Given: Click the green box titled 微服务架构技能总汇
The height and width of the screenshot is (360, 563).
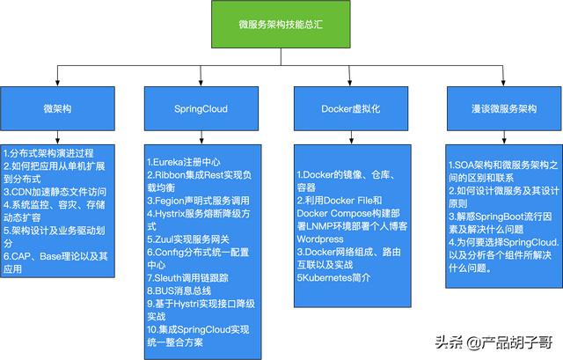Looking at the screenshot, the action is tap(281, 24).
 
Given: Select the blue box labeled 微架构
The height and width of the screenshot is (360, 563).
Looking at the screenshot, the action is tap(57, 108).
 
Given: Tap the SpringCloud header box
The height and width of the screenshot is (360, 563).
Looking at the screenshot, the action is tap(201, 108).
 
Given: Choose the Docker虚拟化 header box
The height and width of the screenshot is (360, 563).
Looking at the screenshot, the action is tap(351, 108).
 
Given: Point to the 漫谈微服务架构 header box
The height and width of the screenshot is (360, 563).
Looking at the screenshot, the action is tap(504, 108).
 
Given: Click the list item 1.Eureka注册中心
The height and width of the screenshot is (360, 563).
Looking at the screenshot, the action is tap(184, 162).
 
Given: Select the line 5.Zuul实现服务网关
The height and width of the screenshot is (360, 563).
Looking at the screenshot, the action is tap(188, 239).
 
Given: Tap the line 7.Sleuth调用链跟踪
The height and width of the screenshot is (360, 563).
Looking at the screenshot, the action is tap(187, 278).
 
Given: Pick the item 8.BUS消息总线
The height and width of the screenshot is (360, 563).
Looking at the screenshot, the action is tap(179, 290).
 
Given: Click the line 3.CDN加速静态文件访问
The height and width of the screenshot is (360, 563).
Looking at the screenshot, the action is tap(55, 192).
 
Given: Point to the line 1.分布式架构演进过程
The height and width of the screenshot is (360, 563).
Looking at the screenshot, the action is tap(48, 153).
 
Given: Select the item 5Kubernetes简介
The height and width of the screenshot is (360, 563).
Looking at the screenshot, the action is tap(333, 277).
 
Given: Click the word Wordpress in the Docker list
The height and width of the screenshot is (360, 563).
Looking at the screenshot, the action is tap(320, 239).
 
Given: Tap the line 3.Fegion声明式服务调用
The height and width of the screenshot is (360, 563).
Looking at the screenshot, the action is tap(198, 201).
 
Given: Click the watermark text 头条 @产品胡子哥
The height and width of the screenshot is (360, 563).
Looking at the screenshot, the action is tap(494, 342).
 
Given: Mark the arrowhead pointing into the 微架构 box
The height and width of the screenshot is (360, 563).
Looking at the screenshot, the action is tap(57, 84).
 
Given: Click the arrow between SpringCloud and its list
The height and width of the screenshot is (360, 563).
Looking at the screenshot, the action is tap(201, 137).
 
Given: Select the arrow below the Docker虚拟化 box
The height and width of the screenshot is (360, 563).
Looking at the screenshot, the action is tap(351, 137).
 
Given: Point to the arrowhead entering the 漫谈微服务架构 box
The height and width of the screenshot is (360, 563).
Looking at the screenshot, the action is tap(503, 84).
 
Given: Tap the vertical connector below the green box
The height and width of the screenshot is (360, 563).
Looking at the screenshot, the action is tap(281, 56).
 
